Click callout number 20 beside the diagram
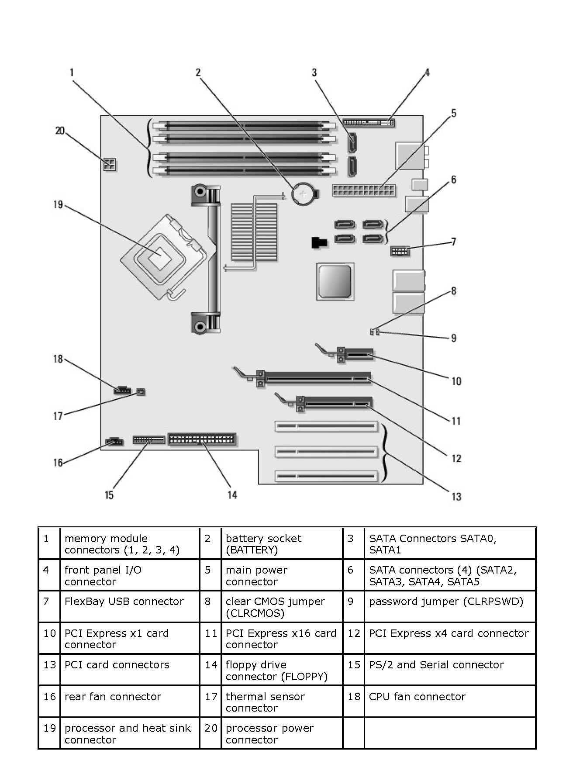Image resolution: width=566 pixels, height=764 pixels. click(60, 131)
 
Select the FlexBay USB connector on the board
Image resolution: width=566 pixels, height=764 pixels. click(399, 252)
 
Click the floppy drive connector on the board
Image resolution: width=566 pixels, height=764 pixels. click(202, 439)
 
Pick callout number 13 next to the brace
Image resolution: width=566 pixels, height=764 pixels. click(456, 496)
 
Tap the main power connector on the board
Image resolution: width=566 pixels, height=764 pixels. click(364, 191)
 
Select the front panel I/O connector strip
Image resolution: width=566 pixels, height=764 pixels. click(369, 122)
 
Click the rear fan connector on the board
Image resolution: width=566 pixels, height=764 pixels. click(114, 442)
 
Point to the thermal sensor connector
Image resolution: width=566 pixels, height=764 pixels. click(141, 392)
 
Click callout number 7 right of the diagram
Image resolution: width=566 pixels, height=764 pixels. click(454, 242)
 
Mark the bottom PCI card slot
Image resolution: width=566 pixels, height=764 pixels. click(326, 476)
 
